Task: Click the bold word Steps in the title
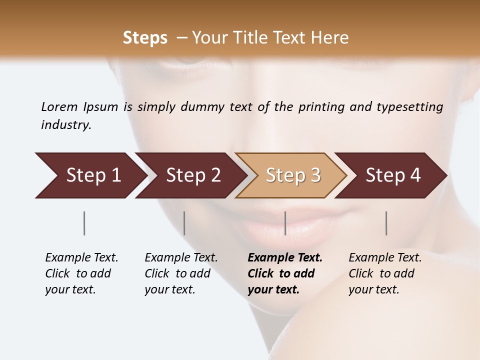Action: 145,38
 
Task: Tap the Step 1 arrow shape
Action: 90,175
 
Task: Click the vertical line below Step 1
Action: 84,223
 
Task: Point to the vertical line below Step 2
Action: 184,223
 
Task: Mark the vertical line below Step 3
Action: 285,223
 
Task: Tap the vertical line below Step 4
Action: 386,223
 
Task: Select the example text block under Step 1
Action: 81,273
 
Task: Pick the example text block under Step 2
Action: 181,273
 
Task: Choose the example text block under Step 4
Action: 385,273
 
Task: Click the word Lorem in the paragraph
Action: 59,107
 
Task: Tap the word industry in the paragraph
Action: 65,125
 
